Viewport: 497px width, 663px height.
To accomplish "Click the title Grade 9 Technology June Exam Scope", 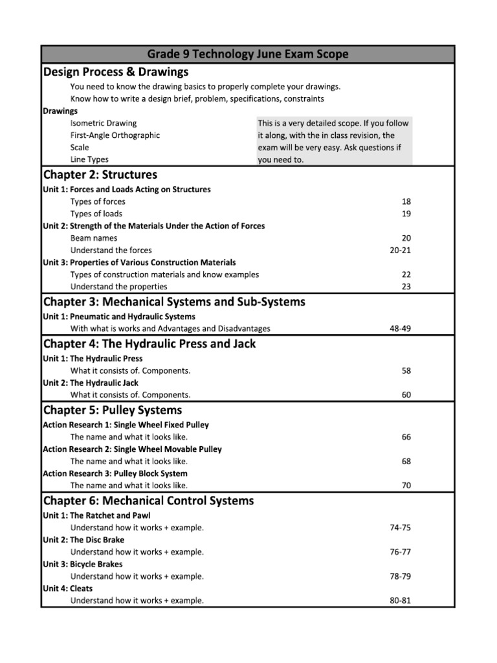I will click(248, 54).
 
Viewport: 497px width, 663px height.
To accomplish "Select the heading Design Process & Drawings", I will click(116, 72).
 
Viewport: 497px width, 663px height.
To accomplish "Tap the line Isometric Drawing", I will click(104, 123).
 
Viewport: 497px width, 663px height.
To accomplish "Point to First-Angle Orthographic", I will click(115, 135).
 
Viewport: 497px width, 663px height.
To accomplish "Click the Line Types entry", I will click(89, 159).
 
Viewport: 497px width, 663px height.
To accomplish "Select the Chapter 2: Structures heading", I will click(100, 175).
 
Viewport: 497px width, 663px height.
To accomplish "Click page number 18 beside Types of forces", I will click(406, 201).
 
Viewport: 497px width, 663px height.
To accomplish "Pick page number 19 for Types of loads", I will click(406, 214).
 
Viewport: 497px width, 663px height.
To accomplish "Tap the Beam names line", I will click(94, 238).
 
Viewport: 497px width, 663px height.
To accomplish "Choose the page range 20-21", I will click(401, 251).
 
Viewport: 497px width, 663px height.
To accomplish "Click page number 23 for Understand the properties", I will click(406, 286).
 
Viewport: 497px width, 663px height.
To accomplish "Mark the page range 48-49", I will click(400, 329).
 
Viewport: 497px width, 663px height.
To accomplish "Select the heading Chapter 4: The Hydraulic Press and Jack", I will click(149, 344).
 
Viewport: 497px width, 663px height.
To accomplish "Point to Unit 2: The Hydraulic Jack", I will click(91, 383).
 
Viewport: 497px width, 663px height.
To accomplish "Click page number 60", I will click(406, 395).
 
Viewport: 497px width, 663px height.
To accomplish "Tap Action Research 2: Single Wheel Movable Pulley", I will click(132, 449).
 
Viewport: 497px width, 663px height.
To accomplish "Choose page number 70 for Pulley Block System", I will click(406, 486).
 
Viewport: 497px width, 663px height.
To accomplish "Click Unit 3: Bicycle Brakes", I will click(82, 564).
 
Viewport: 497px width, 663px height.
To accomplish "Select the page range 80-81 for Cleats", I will click(400, 601).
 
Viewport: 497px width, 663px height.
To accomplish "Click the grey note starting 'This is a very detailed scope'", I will click(334, 141).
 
